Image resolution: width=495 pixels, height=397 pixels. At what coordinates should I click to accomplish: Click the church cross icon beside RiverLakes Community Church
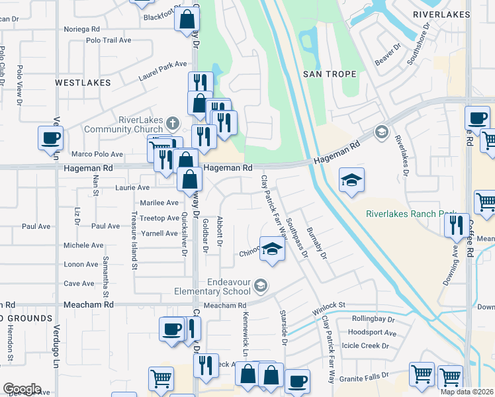point(173,122)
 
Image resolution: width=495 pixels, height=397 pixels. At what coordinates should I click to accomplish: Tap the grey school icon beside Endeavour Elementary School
point(261,286)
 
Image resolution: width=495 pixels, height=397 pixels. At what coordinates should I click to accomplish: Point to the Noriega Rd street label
point(81,29)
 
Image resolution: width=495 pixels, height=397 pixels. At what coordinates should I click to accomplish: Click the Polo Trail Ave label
point(109,40)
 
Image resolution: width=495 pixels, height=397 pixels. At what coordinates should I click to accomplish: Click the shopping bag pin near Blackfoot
point(187,19)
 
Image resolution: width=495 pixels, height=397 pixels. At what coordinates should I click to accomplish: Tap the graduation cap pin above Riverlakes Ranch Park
point(351,179)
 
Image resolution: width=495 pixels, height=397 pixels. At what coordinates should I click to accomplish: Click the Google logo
point(22,389)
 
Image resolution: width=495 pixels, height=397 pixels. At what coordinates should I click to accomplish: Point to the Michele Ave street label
point(83,245)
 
